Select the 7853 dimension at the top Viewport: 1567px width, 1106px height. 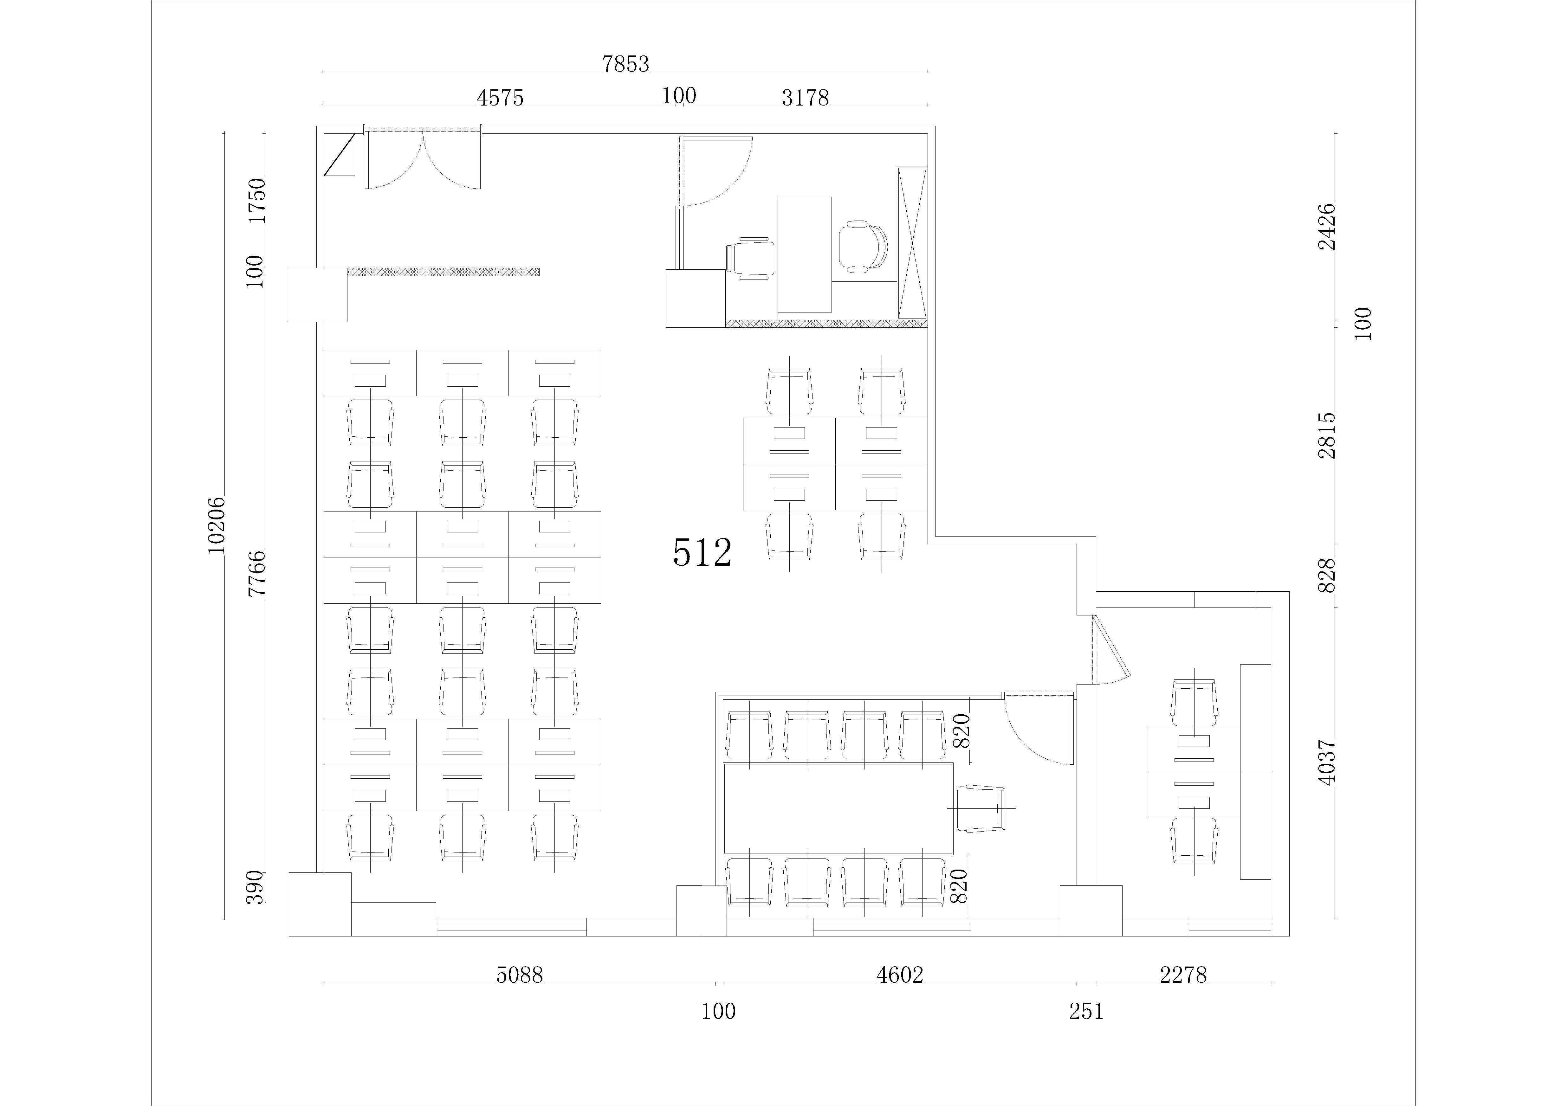point(626,64)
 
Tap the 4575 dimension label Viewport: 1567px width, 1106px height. point(500,98)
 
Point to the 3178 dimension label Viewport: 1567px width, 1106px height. point(805,98)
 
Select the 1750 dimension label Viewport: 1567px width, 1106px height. point(256,201)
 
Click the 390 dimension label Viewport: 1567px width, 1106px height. point(255,887)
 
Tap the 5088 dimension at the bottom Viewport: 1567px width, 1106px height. point(519,975)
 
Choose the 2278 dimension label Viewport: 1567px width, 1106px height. point(1183,975)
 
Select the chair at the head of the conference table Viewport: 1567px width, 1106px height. point(981,809)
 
